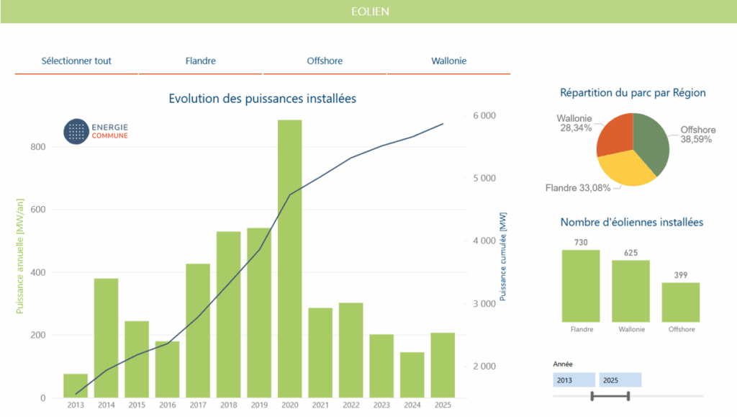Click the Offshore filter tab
pyautogui.click(x=325, y=61)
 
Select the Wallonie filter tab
pyautogui.click(x=448, y=61)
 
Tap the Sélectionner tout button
pyautogui.click(x=76, y=61)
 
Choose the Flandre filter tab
pyautogui.click(x=200, y=61)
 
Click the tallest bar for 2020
pyautogui.click(x=289, y=259)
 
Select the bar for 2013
pyautogui.click(x=76, y=386)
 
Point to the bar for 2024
pyautogui.click(x=412, y=375)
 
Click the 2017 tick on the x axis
pyautogui.click(x=198, y=405)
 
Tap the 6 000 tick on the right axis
pyautogui.click(x=484, y=116)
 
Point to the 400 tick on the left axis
pyautogui.click(x=37, y=273)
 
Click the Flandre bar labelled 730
pyautogui.click(x=581, y=286)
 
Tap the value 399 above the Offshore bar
pyautogui.click(x=681, y=275)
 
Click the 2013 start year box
pyautogui.click(x=574, y=380)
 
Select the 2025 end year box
pyautogui.click(x=620, y=380)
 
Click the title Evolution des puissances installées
pyautogui.click(x=262, y=99)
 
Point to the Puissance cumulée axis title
pyautogui.click(x=502, y=256)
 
